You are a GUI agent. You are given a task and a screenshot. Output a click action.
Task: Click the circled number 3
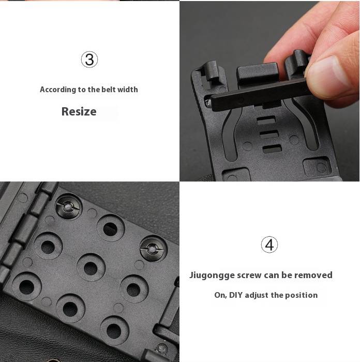click(89, 60)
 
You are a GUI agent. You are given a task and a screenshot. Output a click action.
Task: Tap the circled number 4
click(269, 244)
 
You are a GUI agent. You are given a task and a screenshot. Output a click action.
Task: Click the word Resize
click(79, 111)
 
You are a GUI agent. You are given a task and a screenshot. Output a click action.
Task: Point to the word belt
click(109, 90)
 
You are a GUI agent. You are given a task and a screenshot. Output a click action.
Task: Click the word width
click(128, 90)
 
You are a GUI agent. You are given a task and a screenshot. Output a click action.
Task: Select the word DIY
click(236, 295)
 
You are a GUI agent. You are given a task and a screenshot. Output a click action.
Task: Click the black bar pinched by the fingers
click(258, 94)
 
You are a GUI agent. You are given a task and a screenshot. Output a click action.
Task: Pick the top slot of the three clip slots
click(266, 120)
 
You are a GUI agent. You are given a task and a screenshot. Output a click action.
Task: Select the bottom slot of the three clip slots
click(272, 149)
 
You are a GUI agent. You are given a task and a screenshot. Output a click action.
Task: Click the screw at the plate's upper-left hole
click(69, 207)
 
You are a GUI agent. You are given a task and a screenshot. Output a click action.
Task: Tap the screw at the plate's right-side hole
click(153, 249)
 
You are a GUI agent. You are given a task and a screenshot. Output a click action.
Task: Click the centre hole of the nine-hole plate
click(91, 268)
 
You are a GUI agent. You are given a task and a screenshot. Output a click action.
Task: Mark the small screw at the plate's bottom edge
click(162, 348)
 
